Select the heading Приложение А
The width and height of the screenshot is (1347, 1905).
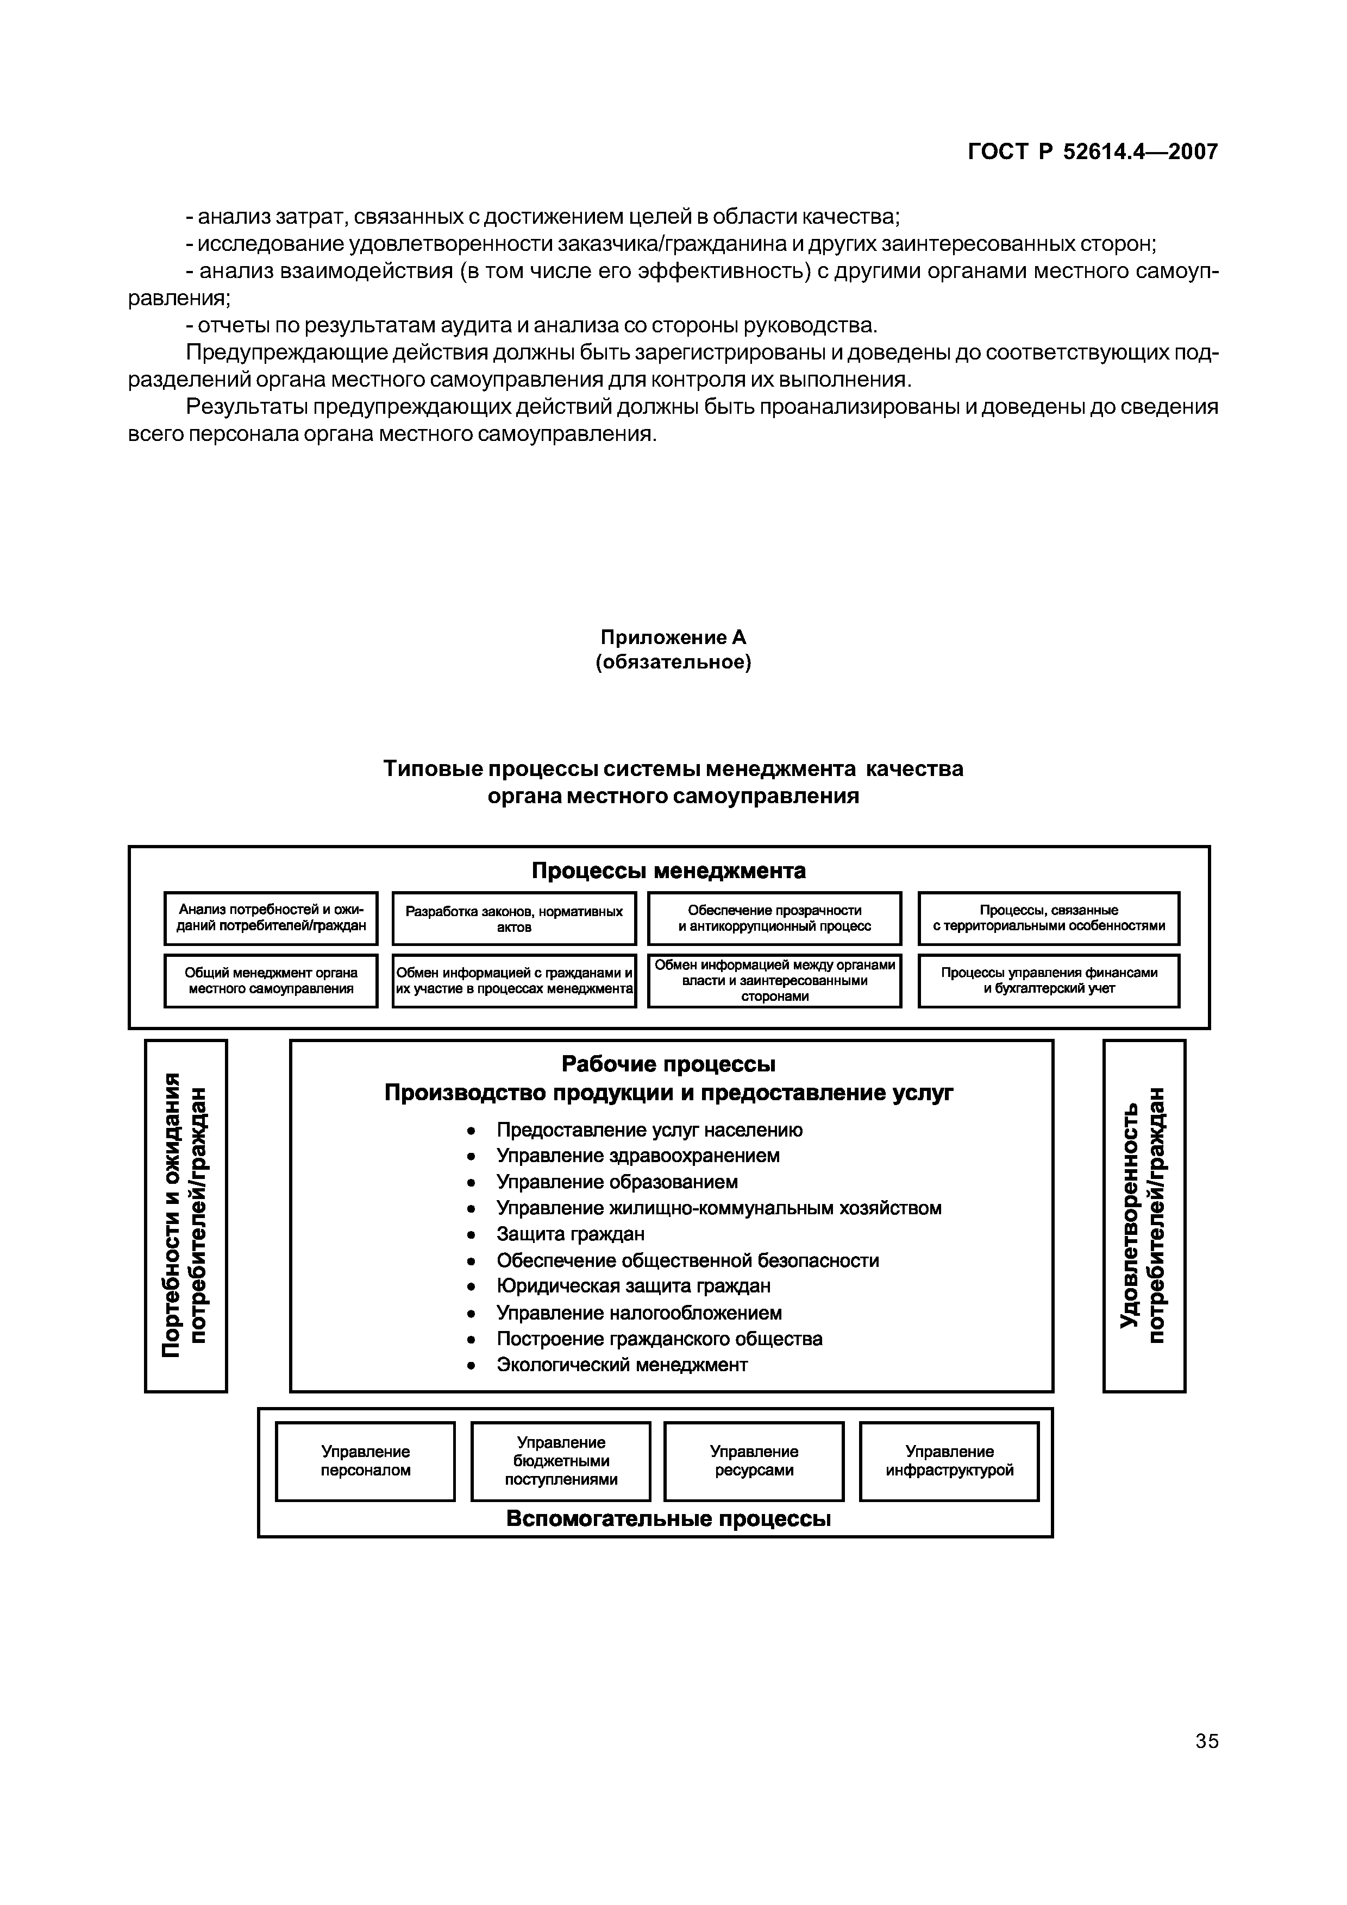pos(673,637)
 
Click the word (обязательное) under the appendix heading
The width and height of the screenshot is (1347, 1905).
pos(673,663)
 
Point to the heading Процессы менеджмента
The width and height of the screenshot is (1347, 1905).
pos(668,871)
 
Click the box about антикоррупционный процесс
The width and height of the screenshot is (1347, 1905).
pos(774,918)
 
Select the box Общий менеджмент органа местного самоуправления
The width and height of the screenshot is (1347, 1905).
pos(271,981)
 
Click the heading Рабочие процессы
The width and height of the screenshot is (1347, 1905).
pos(668,1064)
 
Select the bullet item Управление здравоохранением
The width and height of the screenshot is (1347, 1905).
pos(637,1156)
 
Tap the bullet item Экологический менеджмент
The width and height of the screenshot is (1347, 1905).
pos(622,1365)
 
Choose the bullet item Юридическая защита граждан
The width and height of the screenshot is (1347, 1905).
pos(633,1286)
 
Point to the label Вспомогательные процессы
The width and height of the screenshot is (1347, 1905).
pos(668,1519)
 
